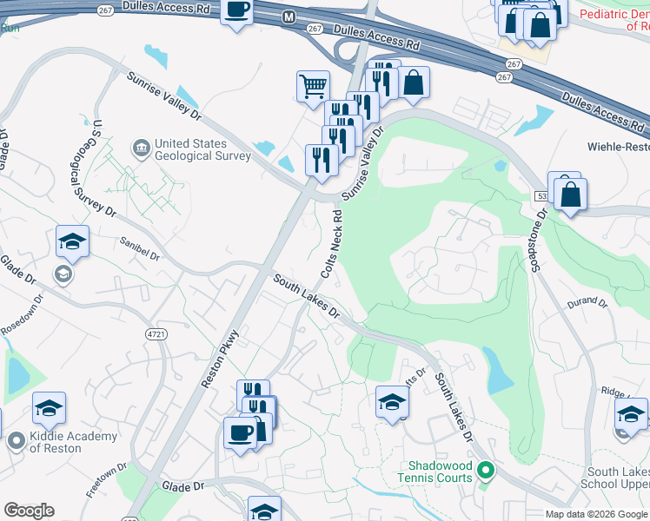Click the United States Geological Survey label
point(202,149)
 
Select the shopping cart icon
point(313,86)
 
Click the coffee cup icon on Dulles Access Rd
point(237,10)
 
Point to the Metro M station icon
point(289,16)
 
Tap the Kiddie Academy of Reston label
point(56,441)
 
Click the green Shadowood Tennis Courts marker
point(486,472)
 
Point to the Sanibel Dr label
point(141,251)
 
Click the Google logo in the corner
point(29,511)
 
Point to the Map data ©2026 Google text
point(596,514)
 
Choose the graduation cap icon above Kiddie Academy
point(50,408)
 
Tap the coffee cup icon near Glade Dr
point(240,431)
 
